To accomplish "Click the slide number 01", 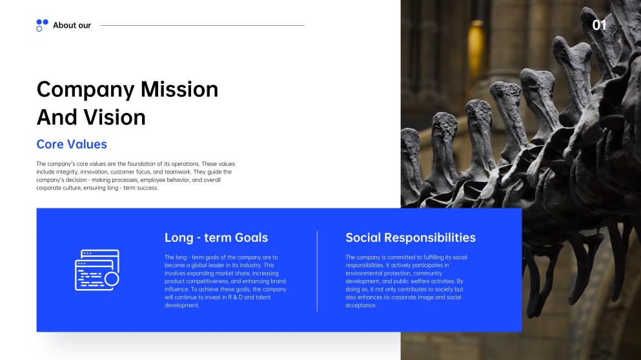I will pos(600,25).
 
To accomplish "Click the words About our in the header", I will pos(72,25).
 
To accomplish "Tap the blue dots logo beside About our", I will pos(42,25).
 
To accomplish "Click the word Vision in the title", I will pos(114,117).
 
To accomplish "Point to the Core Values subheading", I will pos(72,145).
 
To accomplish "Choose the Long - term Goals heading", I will pos(216,237).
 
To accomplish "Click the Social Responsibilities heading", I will pos(411,237).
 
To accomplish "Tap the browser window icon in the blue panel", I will pos(96,270).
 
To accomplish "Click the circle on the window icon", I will pos(112,279).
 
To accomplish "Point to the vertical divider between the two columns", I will pos(317,271).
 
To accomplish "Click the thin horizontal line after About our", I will pos(202,25).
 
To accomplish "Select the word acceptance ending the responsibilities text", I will pos(361,305).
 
